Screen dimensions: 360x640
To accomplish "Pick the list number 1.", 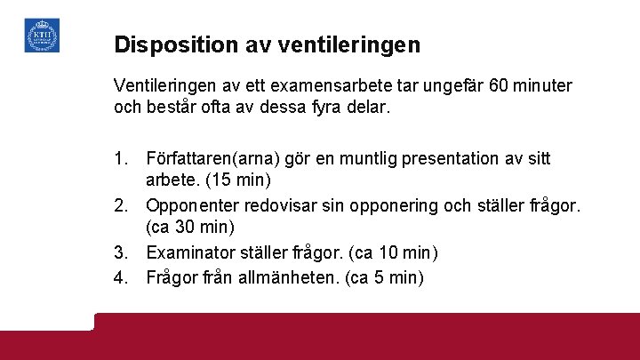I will tap(123, 159).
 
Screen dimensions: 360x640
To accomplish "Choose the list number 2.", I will tap(123, 206).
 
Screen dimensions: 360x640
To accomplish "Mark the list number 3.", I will tap(123, 253).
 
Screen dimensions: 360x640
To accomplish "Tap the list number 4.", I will tap(123, 276).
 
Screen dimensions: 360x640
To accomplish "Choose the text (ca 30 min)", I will tap(189, 229).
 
